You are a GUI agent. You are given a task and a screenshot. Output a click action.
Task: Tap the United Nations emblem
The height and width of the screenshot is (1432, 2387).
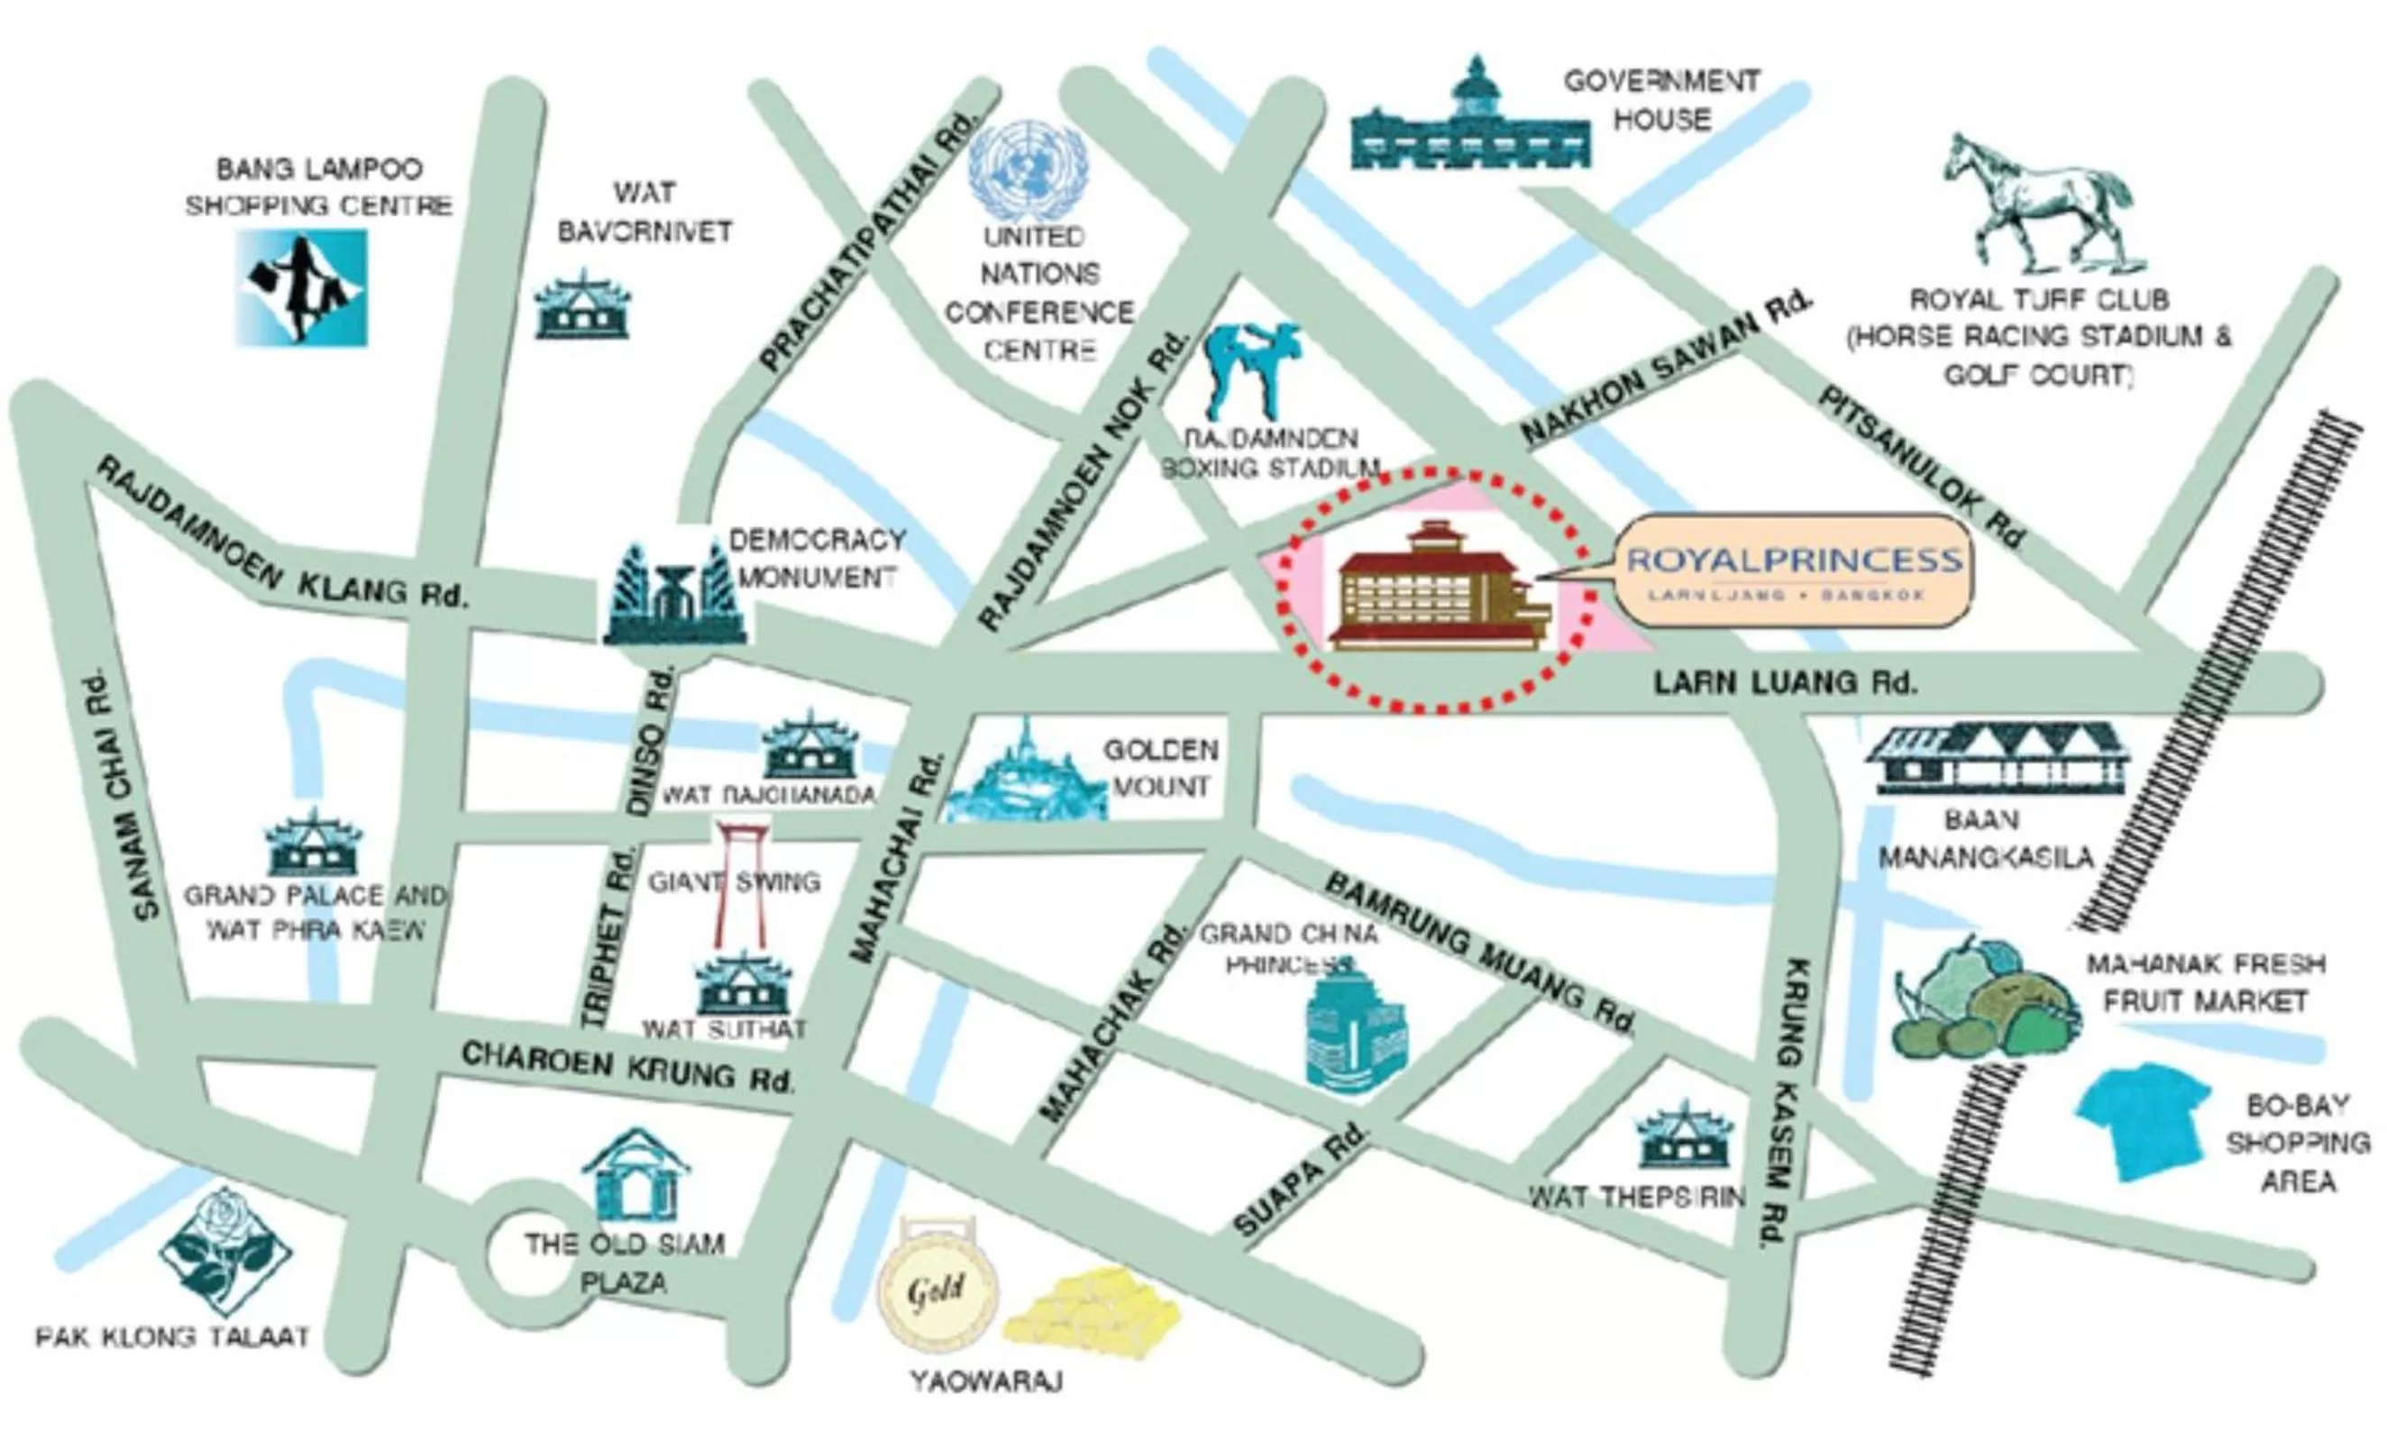click(1029, 172)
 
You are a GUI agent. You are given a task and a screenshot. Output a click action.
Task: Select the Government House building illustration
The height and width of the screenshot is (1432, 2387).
click(1469, 125)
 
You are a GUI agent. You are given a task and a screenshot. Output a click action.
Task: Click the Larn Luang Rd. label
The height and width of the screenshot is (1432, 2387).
click(1785, 683)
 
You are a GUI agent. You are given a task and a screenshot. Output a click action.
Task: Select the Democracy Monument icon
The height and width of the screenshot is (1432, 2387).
click(673, 597)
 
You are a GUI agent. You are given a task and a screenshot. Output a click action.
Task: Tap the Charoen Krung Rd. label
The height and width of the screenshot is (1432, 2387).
click(627, 1065)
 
